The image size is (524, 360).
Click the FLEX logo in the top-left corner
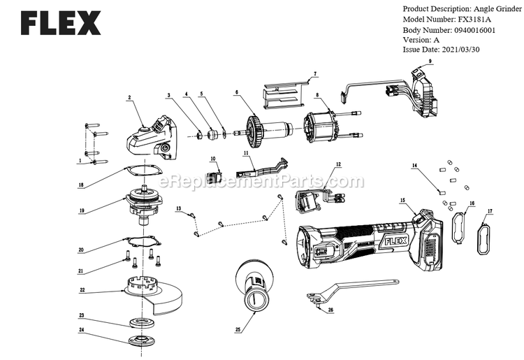click(61, 23)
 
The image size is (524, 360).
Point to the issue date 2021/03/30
click(460, 50)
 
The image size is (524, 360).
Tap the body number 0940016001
click(474, 30)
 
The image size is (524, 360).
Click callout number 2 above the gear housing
click(129, 98)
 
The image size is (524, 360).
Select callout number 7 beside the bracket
click(315, 74)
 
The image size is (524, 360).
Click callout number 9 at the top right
click(430, 62)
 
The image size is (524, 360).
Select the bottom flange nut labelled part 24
click(143, 341)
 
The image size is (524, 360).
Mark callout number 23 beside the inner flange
click(81, 315)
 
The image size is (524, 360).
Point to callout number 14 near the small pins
click(415, 165)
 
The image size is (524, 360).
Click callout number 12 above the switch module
click(338, 164)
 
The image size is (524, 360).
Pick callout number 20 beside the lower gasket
click(81, 250)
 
